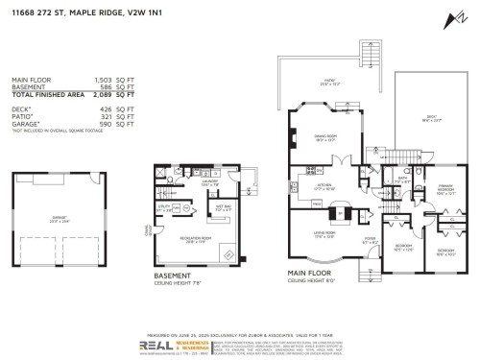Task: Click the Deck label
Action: click(430, 120)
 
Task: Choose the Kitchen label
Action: click(325, 186)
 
